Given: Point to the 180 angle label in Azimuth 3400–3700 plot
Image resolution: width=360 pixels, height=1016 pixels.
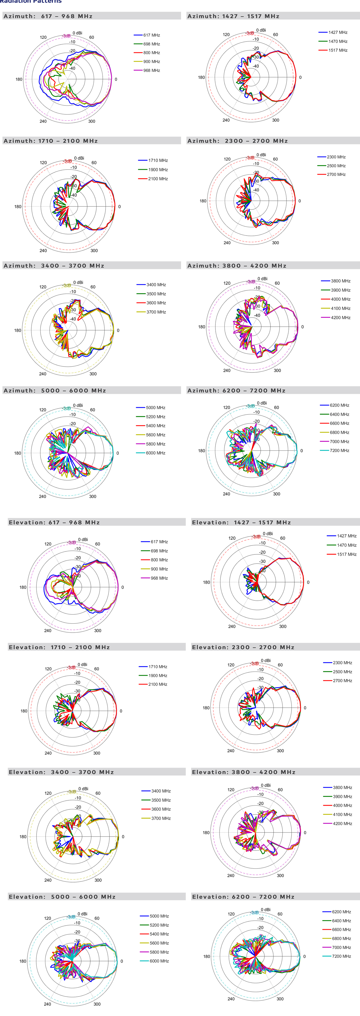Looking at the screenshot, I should (18, 331).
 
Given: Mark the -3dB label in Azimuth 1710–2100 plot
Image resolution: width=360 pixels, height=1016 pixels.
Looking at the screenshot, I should (68, 161).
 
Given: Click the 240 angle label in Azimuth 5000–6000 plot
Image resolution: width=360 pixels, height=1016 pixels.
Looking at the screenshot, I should (42, 496).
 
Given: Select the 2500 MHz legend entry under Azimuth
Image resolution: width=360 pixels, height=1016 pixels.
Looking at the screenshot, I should (336, 166).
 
